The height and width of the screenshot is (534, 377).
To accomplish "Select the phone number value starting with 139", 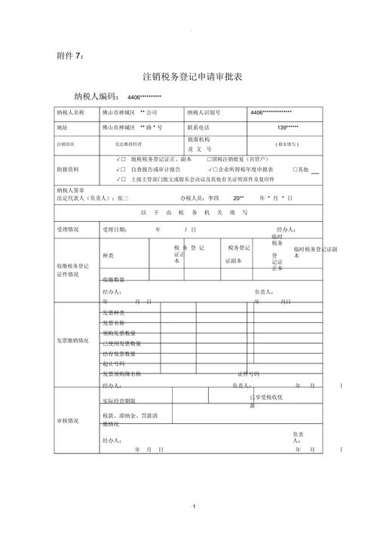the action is tap(287, 127).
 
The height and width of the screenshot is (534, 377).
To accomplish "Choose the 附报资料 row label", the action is tap(68, 170).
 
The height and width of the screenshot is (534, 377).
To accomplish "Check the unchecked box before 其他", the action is tap(296, 170).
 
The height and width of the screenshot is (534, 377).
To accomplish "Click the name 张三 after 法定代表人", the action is tap(123, 198).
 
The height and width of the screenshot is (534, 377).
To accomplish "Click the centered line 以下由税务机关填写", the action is tap(200, 213).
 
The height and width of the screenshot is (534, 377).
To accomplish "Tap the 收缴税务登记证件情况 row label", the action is tap(72, 271).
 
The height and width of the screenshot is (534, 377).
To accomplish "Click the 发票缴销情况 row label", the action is tap(72, 341).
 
